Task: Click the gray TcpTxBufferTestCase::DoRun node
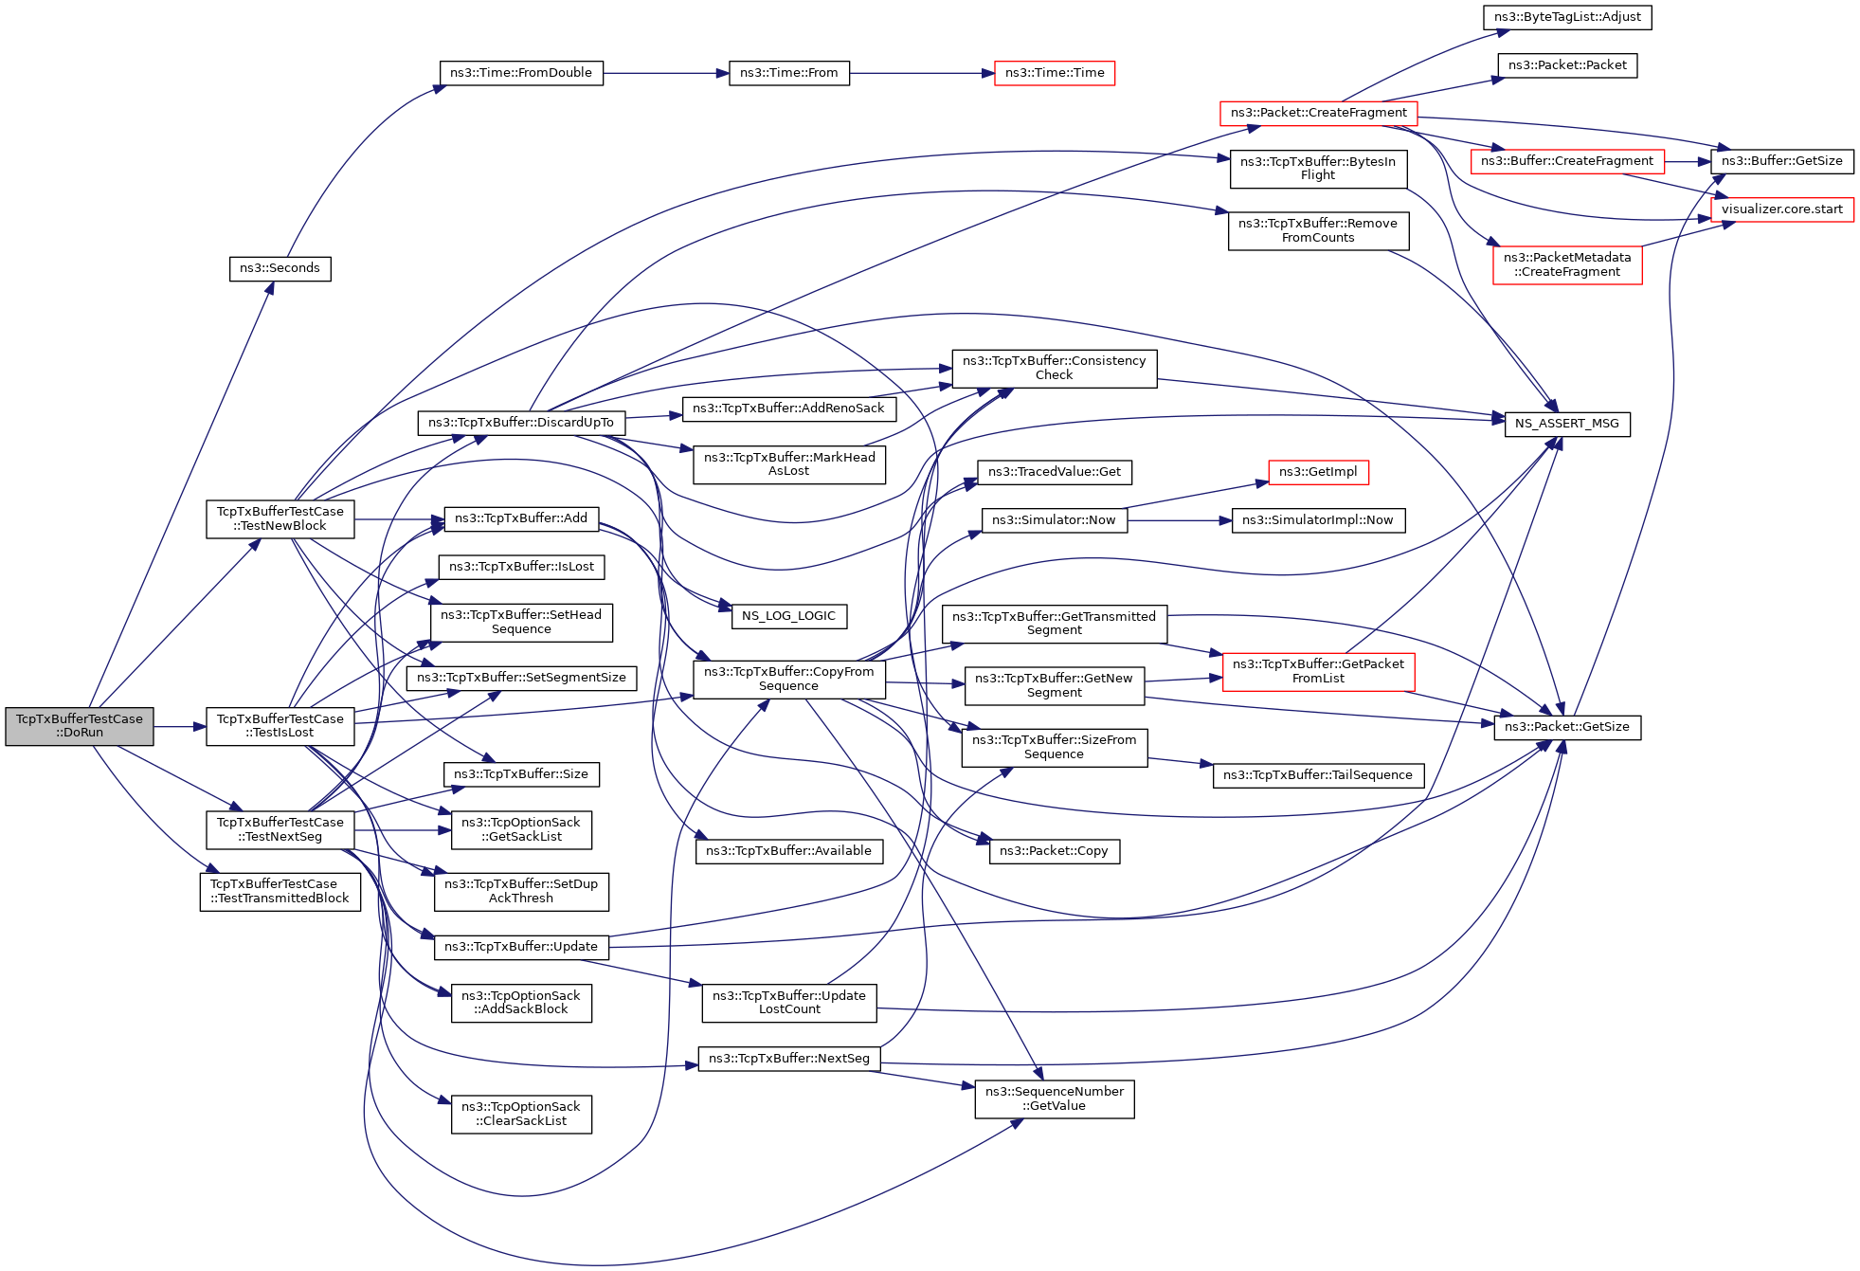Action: tap(80, 726)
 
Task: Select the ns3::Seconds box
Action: tap(280, 268)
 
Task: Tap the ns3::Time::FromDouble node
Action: tap(521, 73)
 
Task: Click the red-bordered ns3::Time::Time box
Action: tap(1054, 73)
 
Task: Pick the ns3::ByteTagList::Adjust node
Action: tap(1567, 17)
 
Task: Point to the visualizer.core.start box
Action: tap(1781, 209)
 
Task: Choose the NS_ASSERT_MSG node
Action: tap(1567, 424)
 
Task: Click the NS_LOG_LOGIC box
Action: tap(788, 616)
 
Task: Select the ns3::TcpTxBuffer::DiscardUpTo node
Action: tap(521, 423)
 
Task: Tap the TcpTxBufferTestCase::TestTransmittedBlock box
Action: tap(280, 891)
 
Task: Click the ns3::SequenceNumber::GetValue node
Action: tap(1054, 1099)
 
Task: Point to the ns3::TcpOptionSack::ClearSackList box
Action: tap(521, 1114)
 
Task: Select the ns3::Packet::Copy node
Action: tap(1054, 851)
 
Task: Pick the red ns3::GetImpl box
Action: tap(1318, 472)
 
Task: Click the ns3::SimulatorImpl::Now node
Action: tap(1318, 520)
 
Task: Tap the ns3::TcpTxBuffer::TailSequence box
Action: tap(1318, 775)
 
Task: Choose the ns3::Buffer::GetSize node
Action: tap(1781, 161)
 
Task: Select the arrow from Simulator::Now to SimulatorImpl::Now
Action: tap(1179, 520)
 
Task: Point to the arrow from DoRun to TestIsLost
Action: tap(179, 727)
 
